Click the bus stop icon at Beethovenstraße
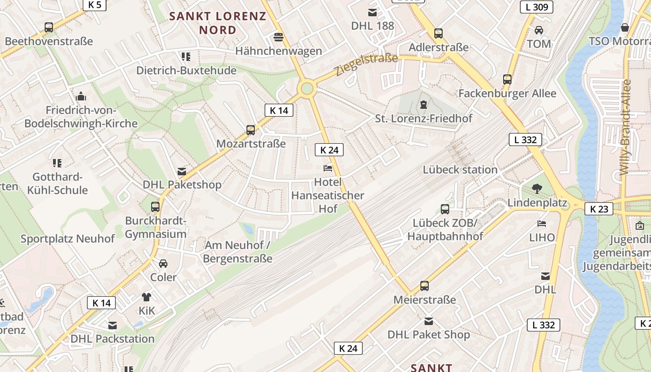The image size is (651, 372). (49, 27)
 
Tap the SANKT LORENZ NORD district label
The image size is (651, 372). (218, 23)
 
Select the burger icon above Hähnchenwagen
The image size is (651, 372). (279, 37)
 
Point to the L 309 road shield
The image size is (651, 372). (536, 7)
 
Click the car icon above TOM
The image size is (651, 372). (539, 30)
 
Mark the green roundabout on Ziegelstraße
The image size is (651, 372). (306, 88)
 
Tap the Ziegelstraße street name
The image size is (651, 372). (365, 65)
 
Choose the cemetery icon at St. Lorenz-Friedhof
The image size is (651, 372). (424, 105)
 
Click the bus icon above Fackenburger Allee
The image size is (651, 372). (507, 80)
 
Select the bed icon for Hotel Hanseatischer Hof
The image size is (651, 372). (328, 168)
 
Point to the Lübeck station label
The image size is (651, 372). (460, 170)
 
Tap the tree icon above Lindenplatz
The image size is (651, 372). (537, 189)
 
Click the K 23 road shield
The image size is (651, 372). (599, 209)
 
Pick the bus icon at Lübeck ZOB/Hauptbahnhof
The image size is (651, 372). (445, 209)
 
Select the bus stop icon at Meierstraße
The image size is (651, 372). (425, 286)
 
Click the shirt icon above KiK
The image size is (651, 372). (146, 297)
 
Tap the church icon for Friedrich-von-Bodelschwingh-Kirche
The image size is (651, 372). (81, 97)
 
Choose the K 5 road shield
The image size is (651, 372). (95, 5)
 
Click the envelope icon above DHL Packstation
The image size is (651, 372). (113, 325)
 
